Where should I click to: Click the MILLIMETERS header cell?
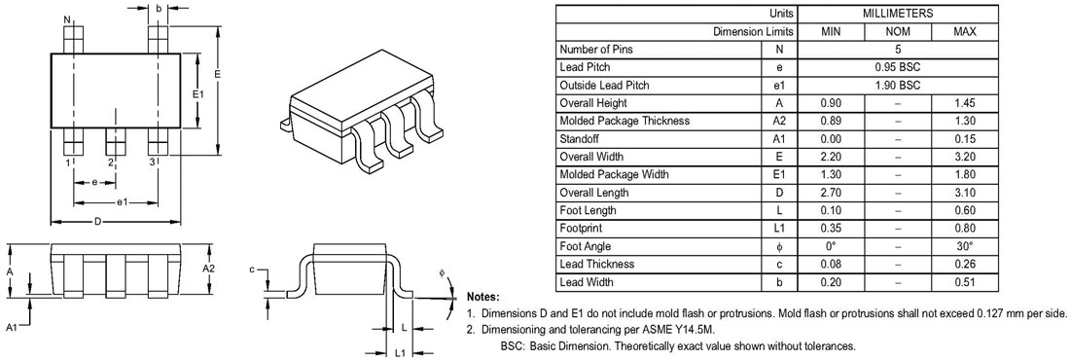(x=898, y=13)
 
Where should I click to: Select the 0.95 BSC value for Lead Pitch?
(x=898, y=67)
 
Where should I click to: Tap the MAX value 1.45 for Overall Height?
(x=965, y=103)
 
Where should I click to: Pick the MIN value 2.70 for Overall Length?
(x=831, y=193)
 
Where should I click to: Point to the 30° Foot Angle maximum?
(x=965, y=246)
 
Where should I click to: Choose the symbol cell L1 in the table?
(x=778, y=228)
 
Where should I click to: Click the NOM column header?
(x=898, y=31)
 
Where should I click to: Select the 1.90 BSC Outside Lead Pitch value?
(x=898, y=86)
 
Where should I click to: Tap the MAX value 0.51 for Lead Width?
(x=965, y=282)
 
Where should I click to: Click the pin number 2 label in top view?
(x=110, y=162)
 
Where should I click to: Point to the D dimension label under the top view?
(x=98, y=221)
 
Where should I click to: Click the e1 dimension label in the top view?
(x=123, y=202)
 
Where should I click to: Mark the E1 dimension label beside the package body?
(x=197, y=93)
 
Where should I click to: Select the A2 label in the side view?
(x=209, y=269)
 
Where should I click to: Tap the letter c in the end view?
(x=252, y=270)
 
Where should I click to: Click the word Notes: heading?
(x=483, y=297)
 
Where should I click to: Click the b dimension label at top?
(x=159, y=9)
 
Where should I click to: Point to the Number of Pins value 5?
(x=898, y=50)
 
